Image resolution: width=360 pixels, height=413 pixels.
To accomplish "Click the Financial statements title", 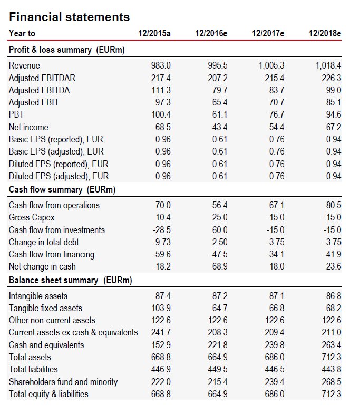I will (70, 17).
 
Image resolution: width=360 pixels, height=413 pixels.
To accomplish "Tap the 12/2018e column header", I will (325, 34).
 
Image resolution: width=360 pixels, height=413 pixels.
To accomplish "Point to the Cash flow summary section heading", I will (62, 189).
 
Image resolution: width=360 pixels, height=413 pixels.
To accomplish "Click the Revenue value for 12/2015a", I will (161, 66).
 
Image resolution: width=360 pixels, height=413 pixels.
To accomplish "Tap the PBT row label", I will (16, 115).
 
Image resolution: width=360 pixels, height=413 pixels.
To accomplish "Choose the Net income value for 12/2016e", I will (219, 127).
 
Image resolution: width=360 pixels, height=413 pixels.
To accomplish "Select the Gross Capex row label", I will (32, 217).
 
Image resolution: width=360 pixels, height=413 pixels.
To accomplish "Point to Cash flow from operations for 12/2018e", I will (332, 205).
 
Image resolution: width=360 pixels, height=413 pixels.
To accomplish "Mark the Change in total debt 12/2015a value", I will (161, 242).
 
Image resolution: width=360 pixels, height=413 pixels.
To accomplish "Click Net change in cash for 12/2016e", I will (219, 267).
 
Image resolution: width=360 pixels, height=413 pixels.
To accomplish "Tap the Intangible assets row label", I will (38, 296).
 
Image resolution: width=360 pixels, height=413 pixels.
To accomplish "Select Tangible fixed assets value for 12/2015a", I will (161, 308).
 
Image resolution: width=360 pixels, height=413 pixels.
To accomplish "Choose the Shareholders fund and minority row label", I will (63, 382).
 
